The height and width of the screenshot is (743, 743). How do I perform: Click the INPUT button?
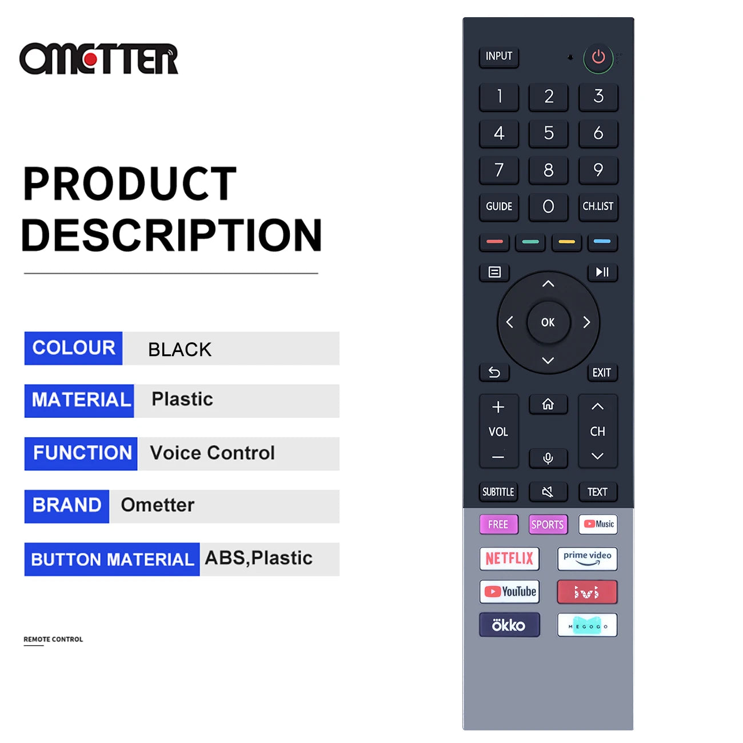click(498, 57)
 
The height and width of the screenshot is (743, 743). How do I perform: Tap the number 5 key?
click(548, 133)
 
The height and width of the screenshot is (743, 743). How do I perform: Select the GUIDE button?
click(498, 207)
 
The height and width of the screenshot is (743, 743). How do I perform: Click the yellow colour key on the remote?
click(566, 242)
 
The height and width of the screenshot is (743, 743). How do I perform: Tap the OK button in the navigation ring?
click(548, 322)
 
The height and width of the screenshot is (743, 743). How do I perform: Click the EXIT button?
click(601, 373)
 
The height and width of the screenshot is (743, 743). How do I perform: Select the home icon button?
click(548, 404)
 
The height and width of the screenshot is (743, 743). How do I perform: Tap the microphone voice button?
click(548, 458)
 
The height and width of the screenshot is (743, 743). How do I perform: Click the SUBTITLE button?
click(498, 492)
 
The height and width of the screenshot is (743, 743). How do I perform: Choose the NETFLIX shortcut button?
click(509, 558)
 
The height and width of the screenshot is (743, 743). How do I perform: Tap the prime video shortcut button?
click(587, 558)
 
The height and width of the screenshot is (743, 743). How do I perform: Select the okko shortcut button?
click(509, 625)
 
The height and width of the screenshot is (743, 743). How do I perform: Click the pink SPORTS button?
click(548, 524)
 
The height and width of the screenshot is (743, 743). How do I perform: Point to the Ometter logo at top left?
click(99, 59)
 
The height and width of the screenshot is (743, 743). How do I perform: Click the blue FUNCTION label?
click(81, 453)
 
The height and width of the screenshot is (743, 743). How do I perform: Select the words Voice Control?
click(213, 453)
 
